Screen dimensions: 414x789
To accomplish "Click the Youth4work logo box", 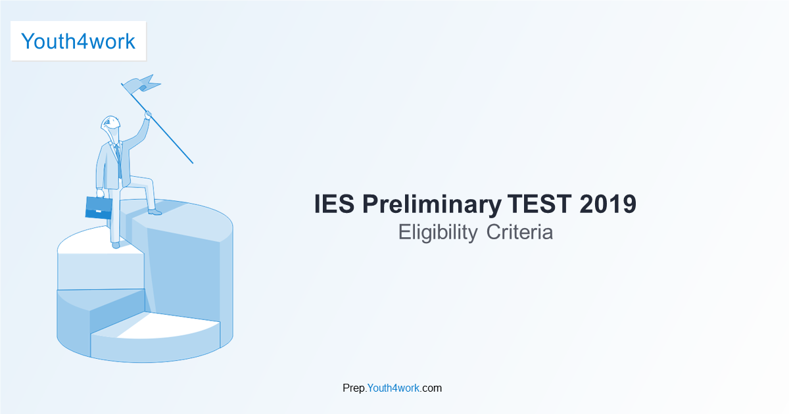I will [x=78, y=41].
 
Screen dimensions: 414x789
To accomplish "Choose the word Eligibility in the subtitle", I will [x=438, y=232].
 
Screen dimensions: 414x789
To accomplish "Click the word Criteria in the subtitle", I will [x=520, y=232].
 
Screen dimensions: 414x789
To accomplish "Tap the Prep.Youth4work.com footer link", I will [x=392, y=388].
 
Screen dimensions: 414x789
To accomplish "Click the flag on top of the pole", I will [x=142, y=84].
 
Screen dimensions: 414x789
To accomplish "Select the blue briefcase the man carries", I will [x=99, y=207].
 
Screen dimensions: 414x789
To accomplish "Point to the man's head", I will [x=110, y=125].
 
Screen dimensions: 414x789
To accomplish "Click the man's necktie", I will [x=118, y=158].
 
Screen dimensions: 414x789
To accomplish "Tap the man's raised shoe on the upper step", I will [x=154, y=212].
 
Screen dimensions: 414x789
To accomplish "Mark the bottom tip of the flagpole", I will [x=192, y=162].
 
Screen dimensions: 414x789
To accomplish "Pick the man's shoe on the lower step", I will [x=116, y=245].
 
